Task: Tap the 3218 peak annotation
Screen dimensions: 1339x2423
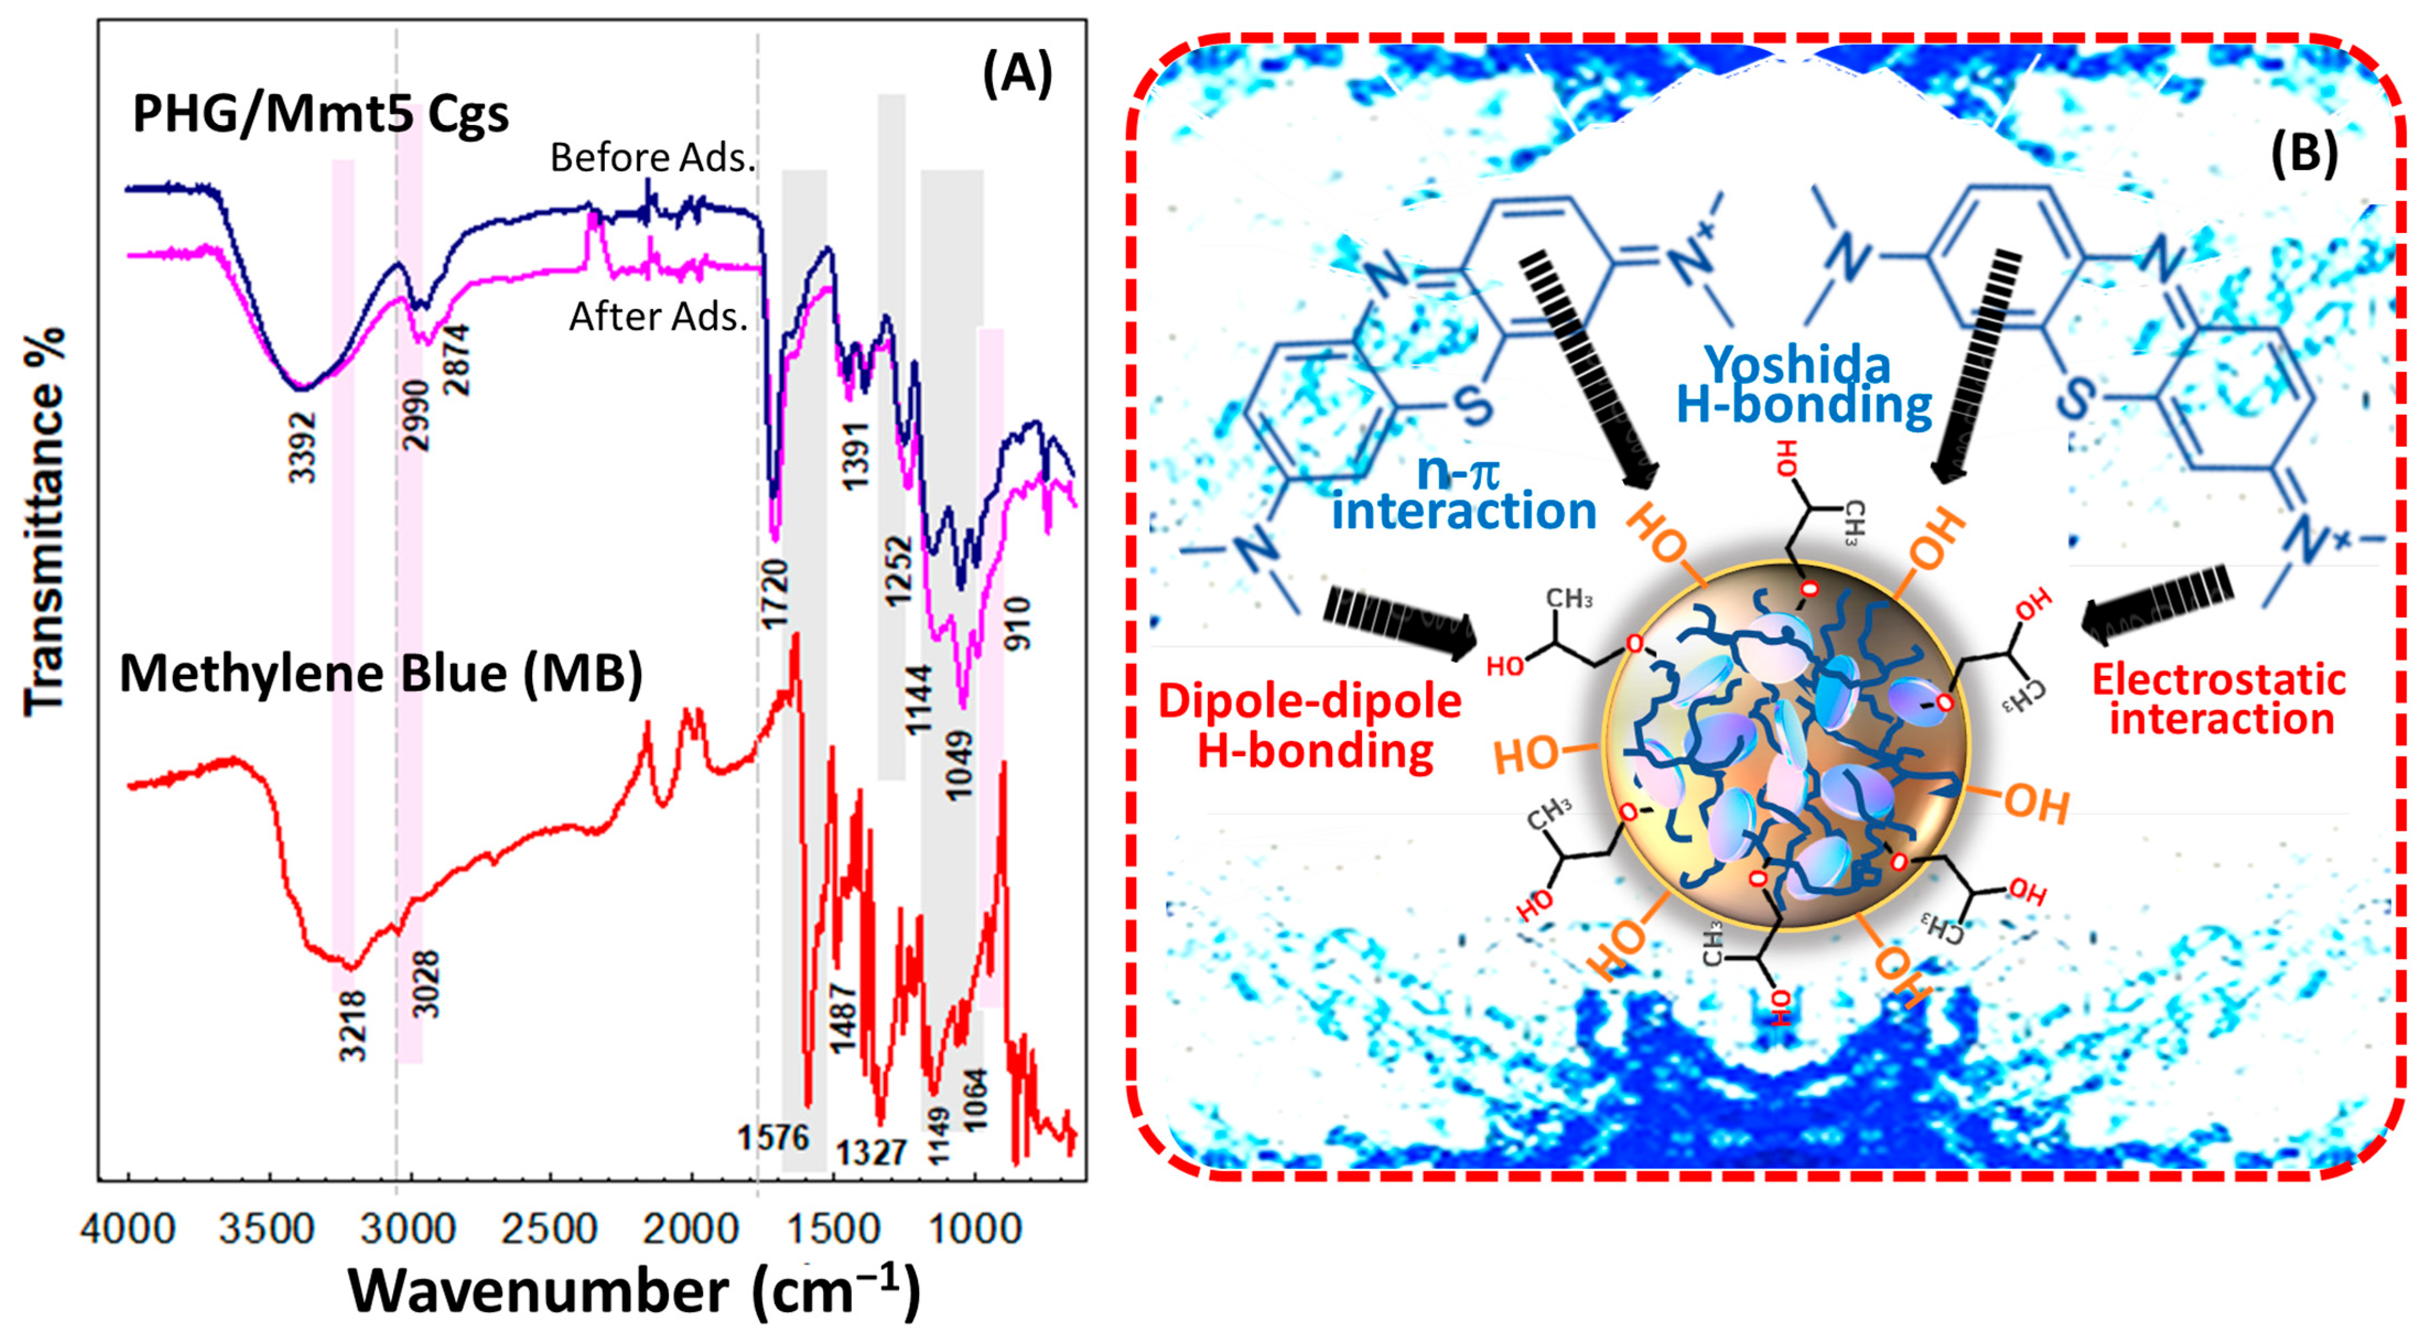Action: tap(353, 1025)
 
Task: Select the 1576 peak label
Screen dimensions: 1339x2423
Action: tap(773, 1138)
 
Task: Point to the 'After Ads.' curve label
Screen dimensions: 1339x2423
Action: tap(658, 317)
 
